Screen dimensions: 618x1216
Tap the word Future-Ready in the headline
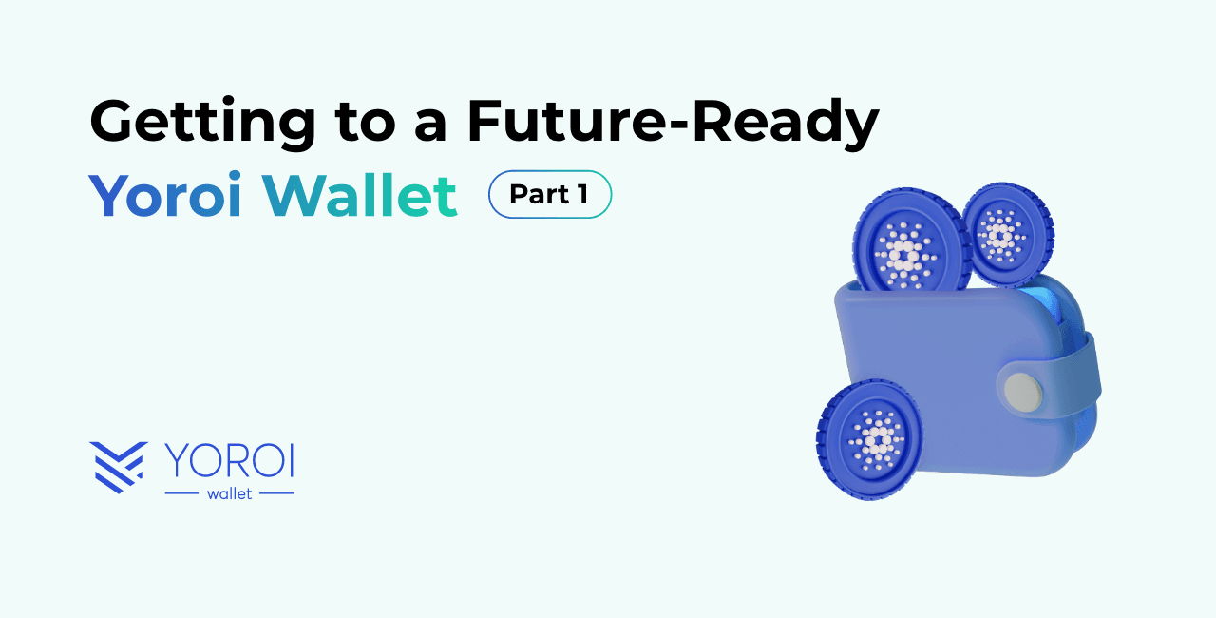click(x=673, y=124)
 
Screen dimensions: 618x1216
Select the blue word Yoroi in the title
click(x=166, y=196)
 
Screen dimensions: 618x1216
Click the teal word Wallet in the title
click(x=364, y=196)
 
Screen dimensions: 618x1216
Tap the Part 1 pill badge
click(x=549, y=195)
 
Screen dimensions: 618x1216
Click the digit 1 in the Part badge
click(x=581, y=195)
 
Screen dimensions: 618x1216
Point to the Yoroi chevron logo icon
click(x=119, y=467)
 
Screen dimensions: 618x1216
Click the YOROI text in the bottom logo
click(x=229, y=460)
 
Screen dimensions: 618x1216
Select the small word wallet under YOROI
click(x=229, y=493)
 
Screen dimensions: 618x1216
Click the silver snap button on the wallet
click(x=1023, y=391)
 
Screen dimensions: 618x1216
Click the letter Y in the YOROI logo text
click(x=180, y=460)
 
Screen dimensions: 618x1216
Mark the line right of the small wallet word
click(x=276, y=493)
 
